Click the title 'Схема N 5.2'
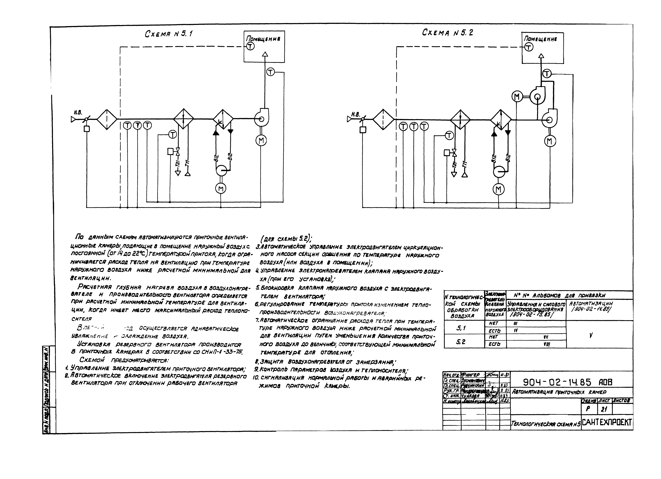coord(447,33)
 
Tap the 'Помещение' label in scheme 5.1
coord(263,39)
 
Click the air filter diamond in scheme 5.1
coord(107,119)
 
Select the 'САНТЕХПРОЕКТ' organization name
coord(606,422)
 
